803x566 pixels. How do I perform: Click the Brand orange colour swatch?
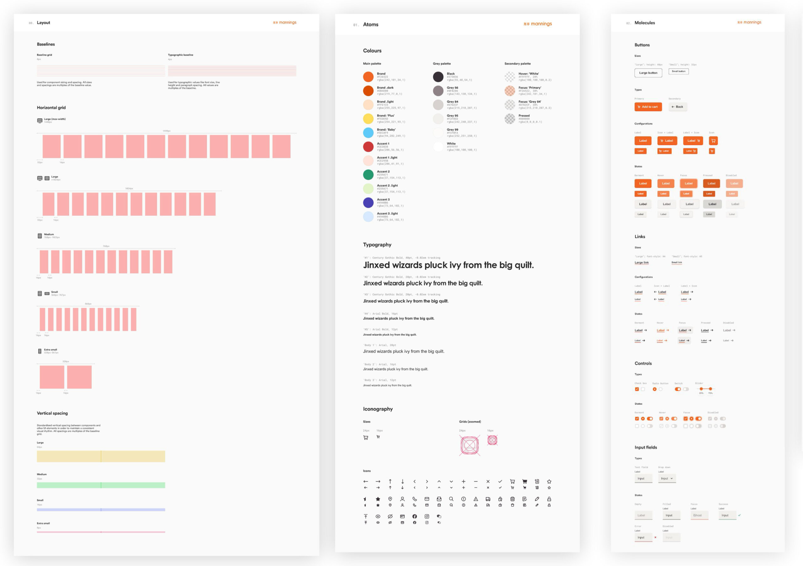point(368,77)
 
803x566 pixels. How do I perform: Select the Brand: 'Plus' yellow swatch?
point(368,119)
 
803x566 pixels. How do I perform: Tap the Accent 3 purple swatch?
point(368,203)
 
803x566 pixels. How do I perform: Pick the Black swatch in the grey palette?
point(438,77)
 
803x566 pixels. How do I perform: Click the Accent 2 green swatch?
point(368,174)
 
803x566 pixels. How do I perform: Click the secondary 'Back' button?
point(678,107)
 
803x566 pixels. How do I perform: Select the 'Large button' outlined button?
point(648,73)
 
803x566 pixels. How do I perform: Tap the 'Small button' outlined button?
point(678,71)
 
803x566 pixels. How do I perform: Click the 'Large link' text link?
point(641,262)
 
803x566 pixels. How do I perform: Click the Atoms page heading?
point(370,24)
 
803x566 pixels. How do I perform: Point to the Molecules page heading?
point(645,23)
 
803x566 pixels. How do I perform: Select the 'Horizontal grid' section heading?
point(51,108)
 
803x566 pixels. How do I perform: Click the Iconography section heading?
point(378,409)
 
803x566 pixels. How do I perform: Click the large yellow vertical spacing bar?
point(101,456)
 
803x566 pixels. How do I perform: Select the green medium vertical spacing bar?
point(101,485)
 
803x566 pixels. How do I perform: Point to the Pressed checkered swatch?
point(510,119)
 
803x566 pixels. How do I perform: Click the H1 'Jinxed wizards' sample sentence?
point(448,265)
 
